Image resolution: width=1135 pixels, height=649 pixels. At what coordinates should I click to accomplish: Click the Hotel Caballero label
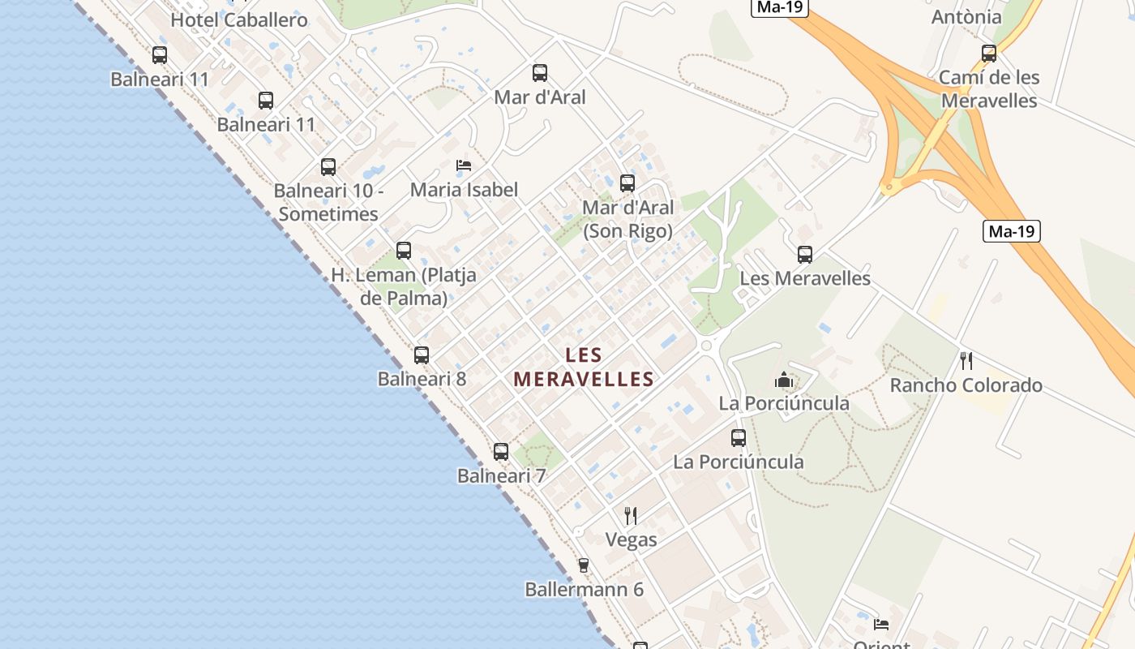(x=239, y=20)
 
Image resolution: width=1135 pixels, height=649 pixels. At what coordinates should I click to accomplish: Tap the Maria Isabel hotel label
(x=464, y=190)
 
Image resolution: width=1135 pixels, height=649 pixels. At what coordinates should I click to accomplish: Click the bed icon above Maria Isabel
(x=464, y=165)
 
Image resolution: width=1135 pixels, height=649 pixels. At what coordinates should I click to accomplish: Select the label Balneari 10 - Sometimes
(x=328, y=203)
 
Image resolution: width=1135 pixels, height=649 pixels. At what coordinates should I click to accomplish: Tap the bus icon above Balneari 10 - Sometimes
(x=328, y=167)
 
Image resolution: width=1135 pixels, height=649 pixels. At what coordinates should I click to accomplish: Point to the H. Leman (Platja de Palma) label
(x=404, y=286)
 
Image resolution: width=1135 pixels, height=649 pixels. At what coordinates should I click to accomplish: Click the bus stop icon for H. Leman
(x=404, y=251)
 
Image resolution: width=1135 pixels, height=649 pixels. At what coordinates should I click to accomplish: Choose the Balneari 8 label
(x=422, y=379)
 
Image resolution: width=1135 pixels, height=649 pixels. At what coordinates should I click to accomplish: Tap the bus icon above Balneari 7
(x=501, y=452)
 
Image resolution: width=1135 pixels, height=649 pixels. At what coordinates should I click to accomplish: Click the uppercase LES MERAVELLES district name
(x=584, y=367)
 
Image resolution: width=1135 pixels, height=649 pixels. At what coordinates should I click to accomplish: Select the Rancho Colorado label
(x=966, y=385)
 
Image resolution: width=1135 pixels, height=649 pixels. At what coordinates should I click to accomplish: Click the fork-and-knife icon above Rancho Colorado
(x=966, y=361)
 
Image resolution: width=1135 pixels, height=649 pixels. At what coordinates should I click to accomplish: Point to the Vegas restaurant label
(x=631, y=539)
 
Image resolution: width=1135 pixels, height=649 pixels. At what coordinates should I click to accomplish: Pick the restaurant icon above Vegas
(x=631, y=515)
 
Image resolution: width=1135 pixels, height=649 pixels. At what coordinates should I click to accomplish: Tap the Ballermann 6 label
(x=584, y=590)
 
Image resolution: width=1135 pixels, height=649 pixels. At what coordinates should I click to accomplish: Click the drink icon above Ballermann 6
(x=583, y=565)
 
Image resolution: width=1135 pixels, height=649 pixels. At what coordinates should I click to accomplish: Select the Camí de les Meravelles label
(x=989, y=89)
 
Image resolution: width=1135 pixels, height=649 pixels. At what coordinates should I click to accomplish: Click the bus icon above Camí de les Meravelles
(x=989, y=54)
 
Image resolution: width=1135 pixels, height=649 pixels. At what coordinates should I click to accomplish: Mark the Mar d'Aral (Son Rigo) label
(x=627, y=219)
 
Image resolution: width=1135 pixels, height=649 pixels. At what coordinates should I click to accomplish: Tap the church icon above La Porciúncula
(x=784, y=380)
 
